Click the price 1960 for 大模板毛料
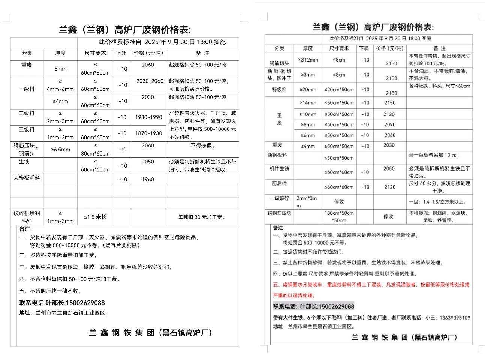[x=148, y=180]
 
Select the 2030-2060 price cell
[x=150, y=81]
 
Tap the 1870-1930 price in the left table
[x=148, y=133]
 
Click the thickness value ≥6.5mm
[x=60, y=150]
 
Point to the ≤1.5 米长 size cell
[x=95, y=217]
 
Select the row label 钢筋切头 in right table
[x=279, y=63]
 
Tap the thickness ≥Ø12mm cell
[x=308, y=60]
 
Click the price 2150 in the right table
[x=390, y=103]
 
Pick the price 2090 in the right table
[x=390, y=124]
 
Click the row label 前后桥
[x=279, y=183]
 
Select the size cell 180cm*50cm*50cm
[x=339, y=217]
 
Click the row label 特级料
[x=279, y=90]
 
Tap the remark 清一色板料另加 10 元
[x=434, y=155]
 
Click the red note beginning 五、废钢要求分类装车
[x=371, y=285]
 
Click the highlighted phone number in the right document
[x=313, y=306]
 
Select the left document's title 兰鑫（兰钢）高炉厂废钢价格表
[x=124, y=30]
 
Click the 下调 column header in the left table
[x=121, y=53]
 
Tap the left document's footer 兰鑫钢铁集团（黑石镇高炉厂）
[x=151, y=333]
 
